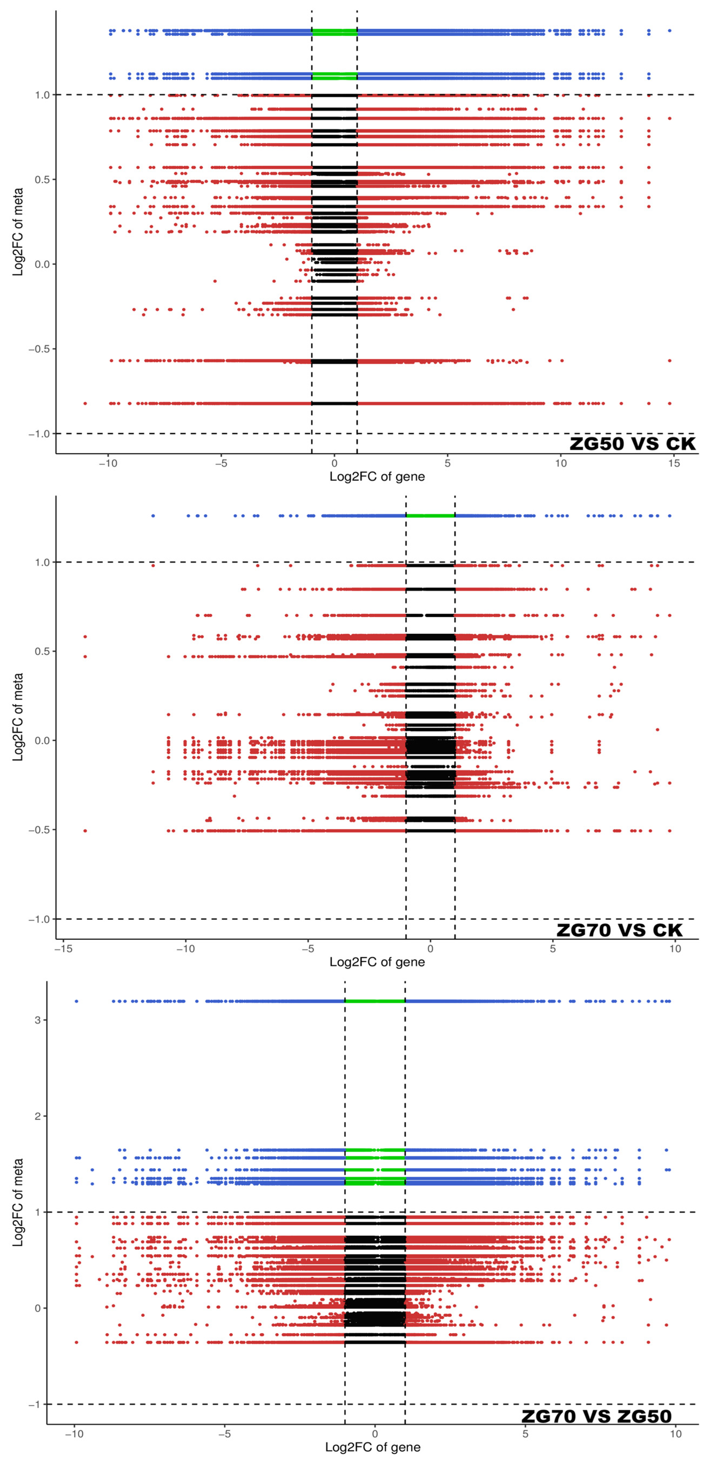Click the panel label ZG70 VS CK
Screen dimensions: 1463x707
(619, 930)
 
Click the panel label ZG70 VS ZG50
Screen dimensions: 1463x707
(596, 1416)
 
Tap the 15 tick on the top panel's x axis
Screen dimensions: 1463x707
(674, 463)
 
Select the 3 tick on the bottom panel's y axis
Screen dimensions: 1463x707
(38, 1020)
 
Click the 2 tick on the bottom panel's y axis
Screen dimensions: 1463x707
(38, 1116)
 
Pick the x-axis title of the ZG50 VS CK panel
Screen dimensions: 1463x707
(377, 476)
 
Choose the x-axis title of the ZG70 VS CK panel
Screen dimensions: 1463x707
(377, 961)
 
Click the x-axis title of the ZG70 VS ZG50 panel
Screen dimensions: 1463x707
(373, 1447)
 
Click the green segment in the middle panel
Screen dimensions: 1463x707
(431, 516)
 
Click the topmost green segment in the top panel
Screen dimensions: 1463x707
(334, 32)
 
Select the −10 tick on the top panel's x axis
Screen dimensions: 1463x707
(108, 463)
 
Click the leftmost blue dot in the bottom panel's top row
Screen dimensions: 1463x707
(77, 1001)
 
